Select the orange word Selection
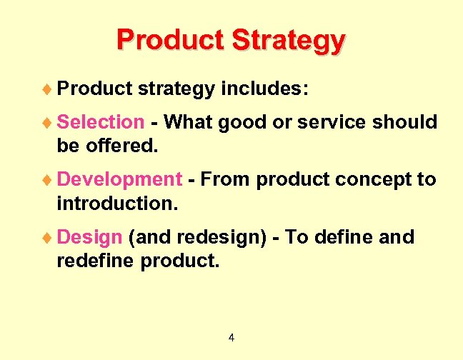click(x=100, y=122)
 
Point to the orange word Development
click(x=119, y=179)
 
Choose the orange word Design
click(x=90, y=236)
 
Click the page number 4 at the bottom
click(x=231, y=337)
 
